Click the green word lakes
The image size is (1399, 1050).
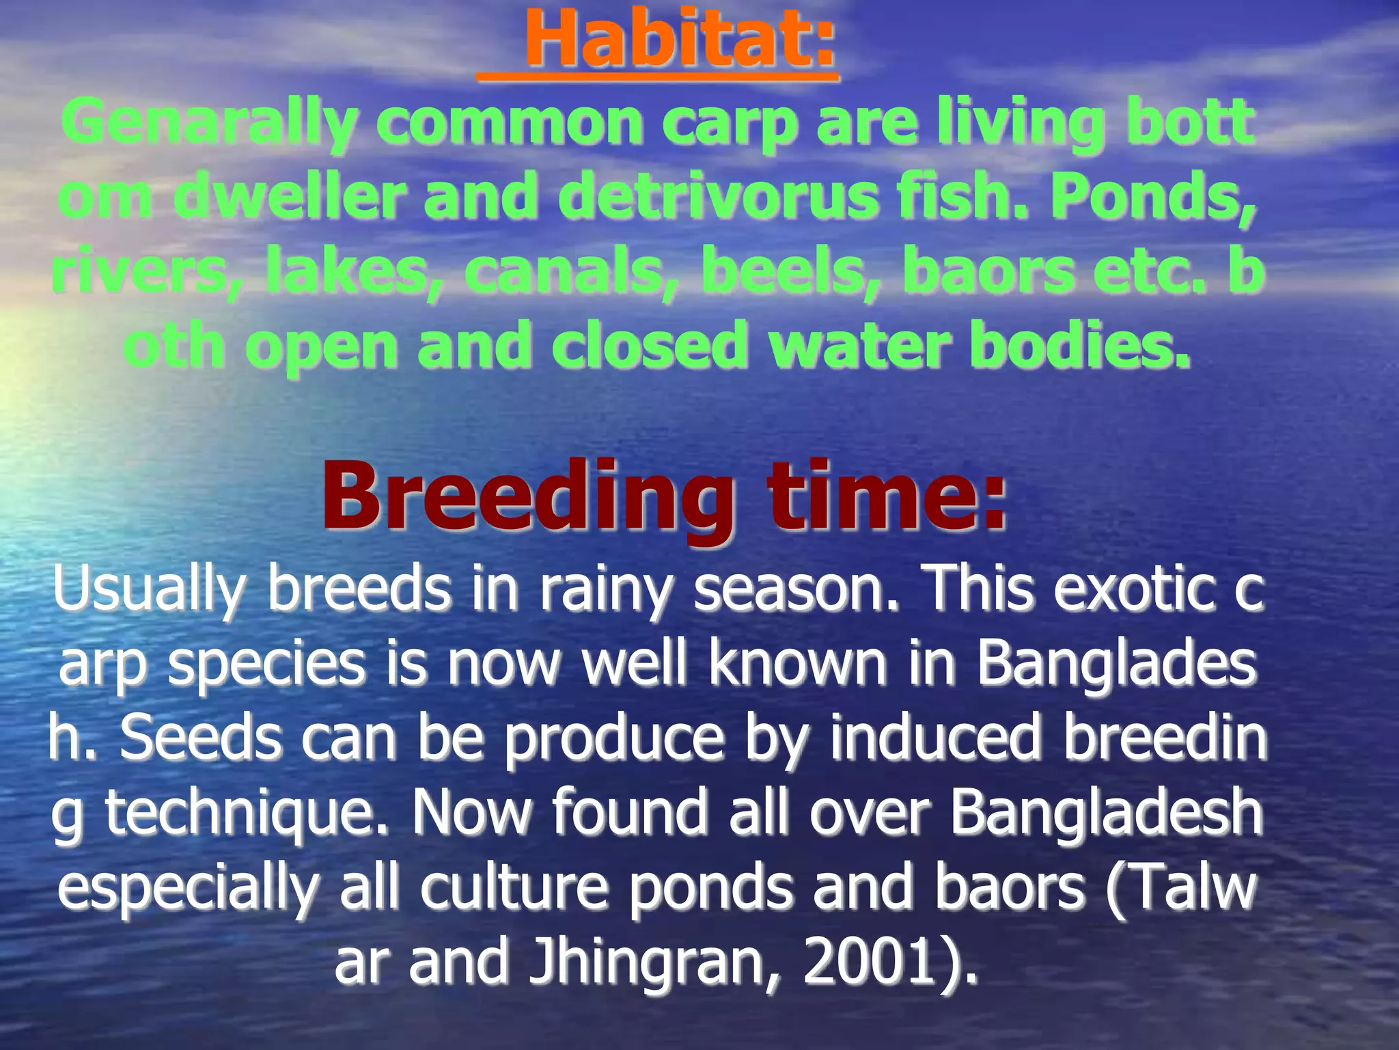(348, 271)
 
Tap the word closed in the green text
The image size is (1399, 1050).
(648, 345)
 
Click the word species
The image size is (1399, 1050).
(266, 664)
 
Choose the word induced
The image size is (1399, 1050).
(935, 738)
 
